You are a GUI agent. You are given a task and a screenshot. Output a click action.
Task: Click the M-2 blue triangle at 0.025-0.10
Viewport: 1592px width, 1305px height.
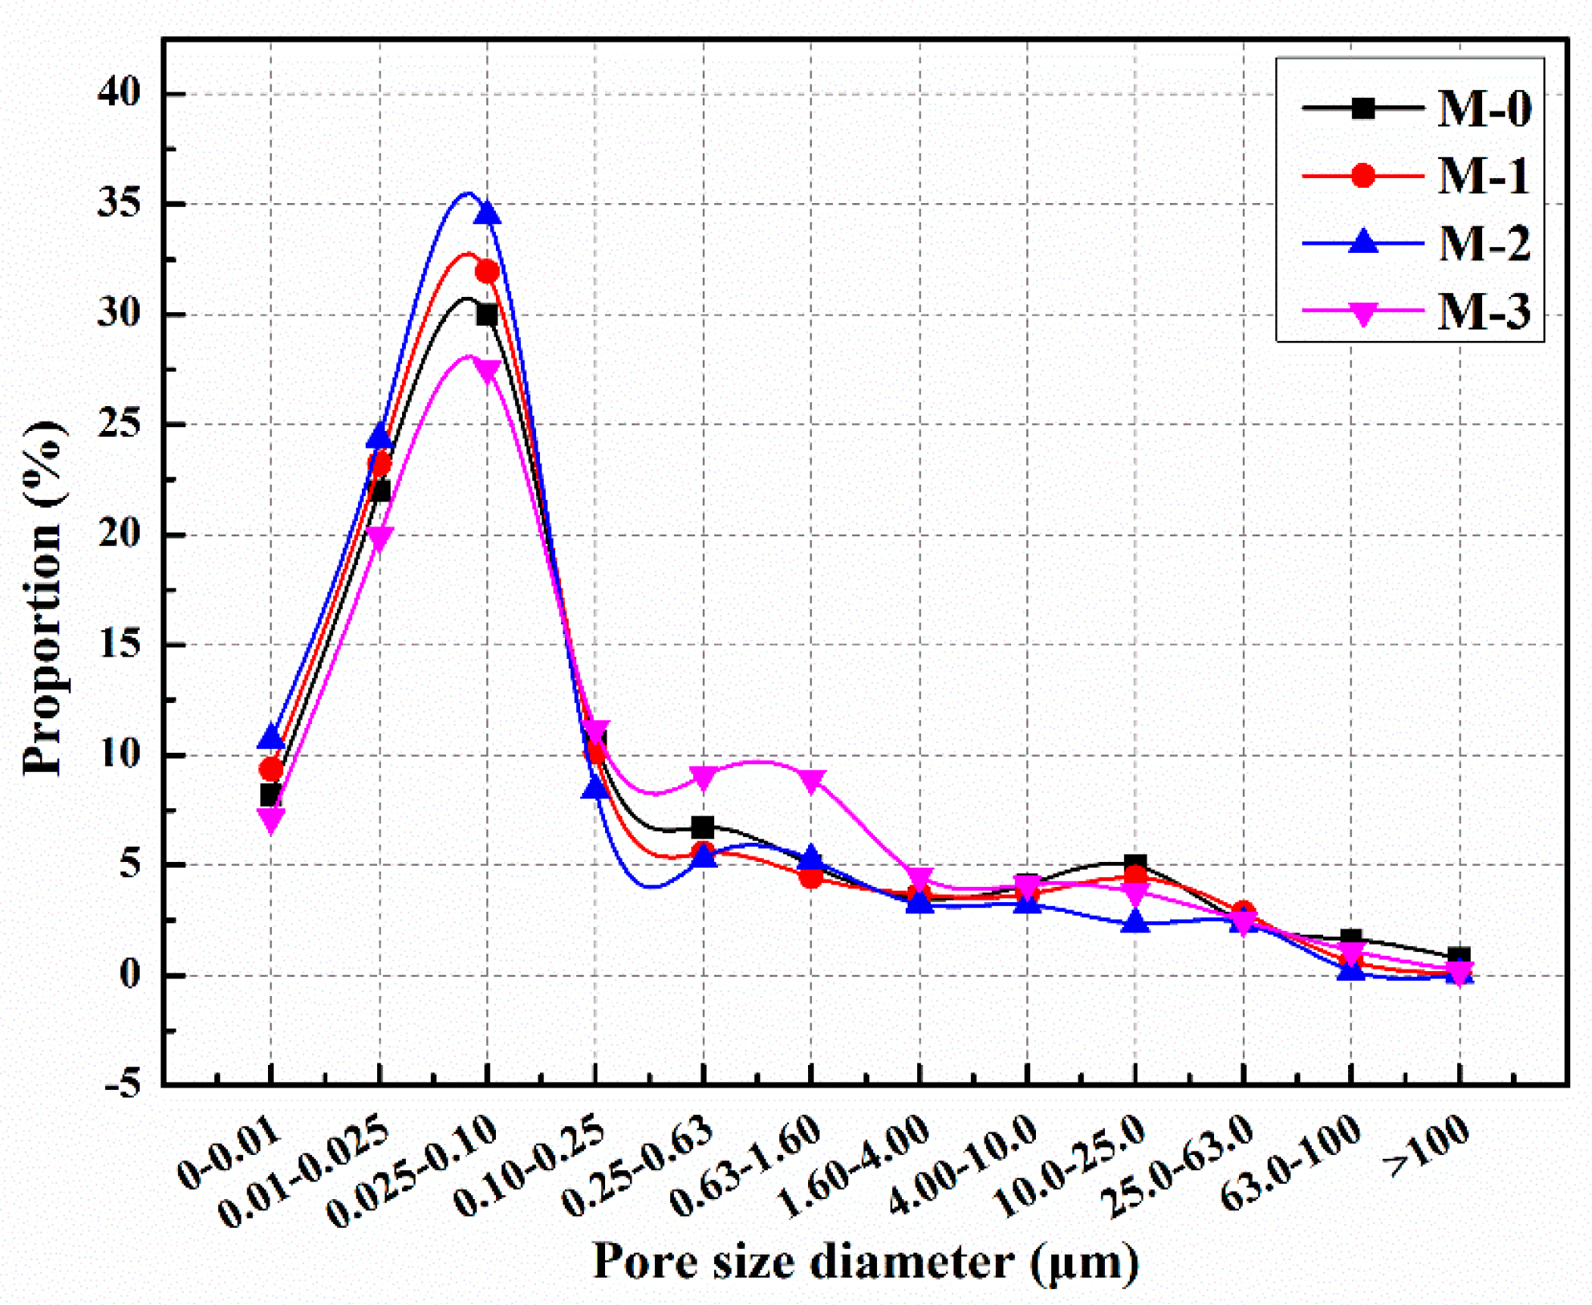pos(487,213)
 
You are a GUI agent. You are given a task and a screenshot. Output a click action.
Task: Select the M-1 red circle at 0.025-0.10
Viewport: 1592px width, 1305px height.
pos(487,272)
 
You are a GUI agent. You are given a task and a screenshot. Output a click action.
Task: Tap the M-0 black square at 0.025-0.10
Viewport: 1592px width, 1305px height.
pos(487,315)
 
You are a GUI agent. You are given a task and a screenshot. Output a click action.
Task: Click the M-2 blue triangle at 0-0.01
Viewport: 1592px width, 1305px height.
pos(271,735)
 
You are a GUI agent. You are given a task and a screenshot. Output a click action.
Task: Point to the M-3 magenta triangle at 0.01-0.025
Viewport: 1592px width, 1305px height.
pos(380,539)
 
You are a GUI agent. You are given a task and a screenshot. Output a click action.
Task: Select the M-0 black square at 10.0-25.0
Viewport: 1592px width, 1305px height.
pos(1135,865)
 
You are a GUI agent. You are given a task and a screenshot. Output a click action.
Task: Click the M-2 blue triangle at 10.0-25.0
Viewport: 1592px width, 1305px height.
pos(1135,922)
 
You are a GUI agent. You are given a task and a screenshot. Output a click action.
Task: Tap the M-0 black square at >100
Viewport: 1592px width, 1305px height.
pos(1459,957)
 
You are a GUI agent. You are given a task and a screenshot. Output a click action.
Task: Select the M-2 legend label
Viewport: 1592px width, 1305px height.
pos(1484,243)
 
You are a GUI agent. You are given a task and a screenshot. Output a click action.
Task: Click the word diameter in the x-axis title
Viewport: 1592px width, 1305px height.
pos(912,1262)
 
